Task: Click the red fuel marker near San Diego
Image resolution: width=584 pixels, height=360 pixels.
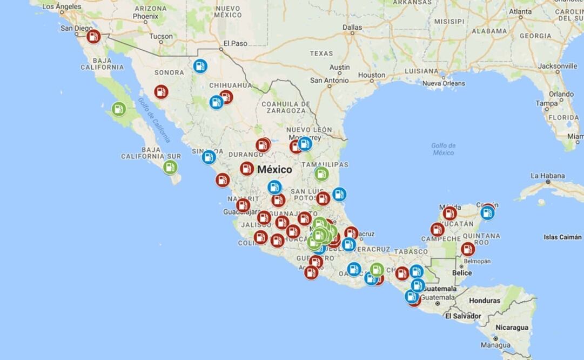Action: pos(93,37)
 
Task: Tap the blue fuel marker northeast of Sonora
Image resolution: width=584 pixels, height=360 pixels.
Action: pos(200,66)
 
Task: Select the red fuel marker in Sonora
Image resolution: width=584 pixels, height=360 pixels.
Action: pos(161,92)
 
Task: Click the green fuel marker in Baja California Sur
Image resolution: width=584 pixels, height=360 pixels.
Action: pos(170,167)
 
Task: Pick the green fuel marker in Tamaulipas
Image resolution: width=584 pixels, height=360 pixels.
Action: pos(321,174)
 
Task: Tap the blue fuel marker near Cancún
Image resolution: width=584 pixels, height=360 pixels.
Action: pos(487,213)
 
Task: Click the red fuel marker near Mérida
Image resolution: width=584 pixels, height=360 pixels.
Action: pos(450,214)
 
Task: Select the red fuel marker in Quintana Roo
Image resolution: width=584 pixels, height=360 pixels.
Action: pos(468,249)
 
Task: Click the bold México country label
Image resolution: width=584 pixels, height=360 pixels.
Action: pos(274,170)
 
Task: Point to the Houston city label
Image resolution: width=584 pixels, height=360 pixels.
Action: pos(372,75)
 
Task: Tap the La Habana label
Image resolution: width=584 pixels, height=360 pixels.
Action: pos(547,176)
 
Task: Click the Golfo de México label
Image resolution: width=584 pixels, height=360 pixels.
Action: pos(444,149)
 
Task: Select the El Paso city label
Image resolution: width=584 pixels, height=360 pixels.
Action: pos(234,44)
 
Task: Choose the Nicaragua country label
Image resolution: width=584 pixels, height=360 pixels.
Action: pos(512,328)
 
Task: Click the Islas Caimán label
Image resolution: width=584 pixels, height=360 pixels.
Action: pos(563,237)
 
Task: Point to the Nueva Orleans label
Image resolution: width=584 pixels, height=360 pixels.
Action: pos(443,84)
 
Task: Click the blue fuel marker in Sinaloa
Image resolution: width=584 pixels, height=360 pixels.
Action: pos(209,157)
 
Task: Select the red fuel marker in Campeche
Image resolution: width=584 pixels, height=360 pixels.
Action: pos(438,230)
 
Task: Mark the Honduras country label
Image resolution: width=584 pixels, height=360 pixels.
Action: pos(484,301)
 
